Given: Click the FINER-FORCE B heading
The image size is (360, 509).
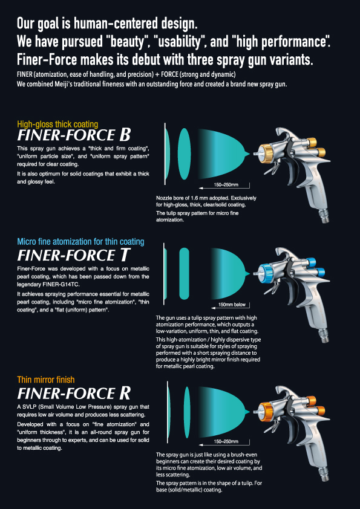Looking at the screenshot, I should click(x=74, y=134).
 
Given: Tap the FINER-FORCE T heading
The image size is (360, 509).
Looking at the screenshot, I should click(x=74, y=255).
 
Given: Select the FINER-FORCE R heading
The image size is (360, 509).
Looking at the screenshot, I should click(x=74, y=393).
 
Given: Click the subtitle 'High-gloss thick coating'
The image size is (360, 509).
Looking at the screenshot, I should click(x=57, y=124).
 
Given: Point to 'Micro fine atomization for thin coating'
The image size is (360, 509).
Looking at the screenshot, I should click(x=80, y=242).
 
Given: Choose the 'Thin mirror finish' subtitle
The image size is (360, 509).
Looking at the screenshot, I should click(x=46, y=380).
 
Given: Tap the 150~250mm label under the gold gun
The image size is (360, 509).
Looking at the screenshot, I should click(x=226, y=184).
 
